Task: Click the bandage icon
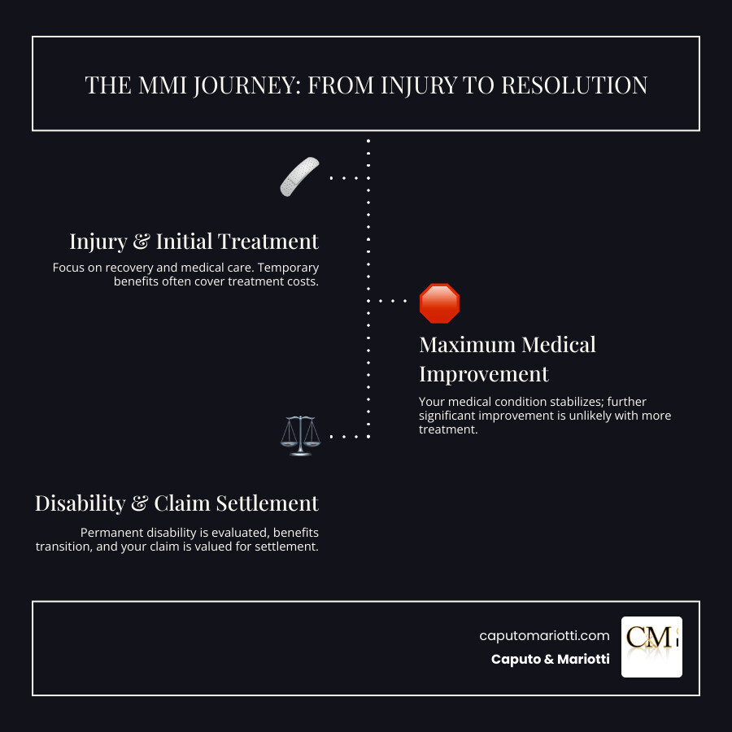coord(300,176)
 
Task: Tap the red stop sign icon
coord(439,303)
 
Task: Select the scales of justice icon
coord(299,437)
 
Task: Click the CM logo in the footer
coord(651,647)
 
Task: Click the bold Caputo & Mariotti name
coord(551,659)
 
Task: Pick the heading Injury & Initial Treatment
coord(194,242)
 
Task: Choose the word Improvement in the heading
coord(484,374)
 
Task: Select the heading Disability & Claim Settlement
coord(177,503)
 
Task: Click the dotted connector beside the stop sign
coord(393,301)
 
